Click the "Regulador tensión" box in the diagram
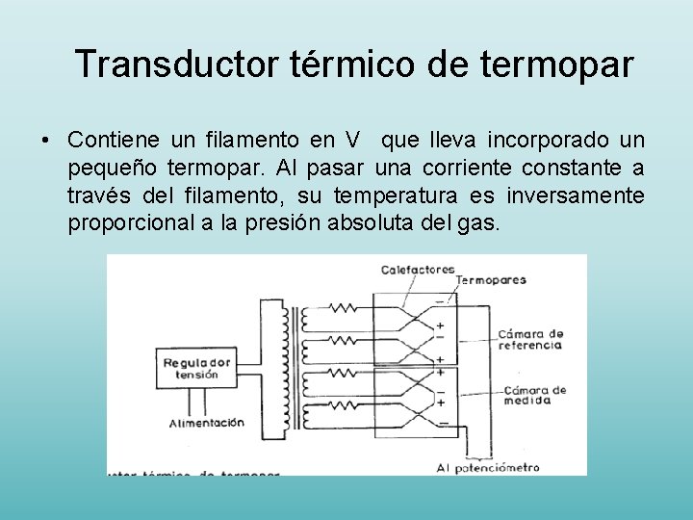click(x=196, y=368)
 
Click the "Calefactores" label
click(x=418, y=270)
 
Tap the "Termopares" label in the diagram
click(x=491, y=280)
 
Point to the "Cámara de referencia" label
click(x=529, y=339)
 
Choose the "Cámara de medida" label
click(x=534, y=395)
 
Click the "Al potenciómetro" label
click(x=487, y=468)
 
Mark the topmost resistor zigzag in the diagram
click(x=346, y=309)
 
